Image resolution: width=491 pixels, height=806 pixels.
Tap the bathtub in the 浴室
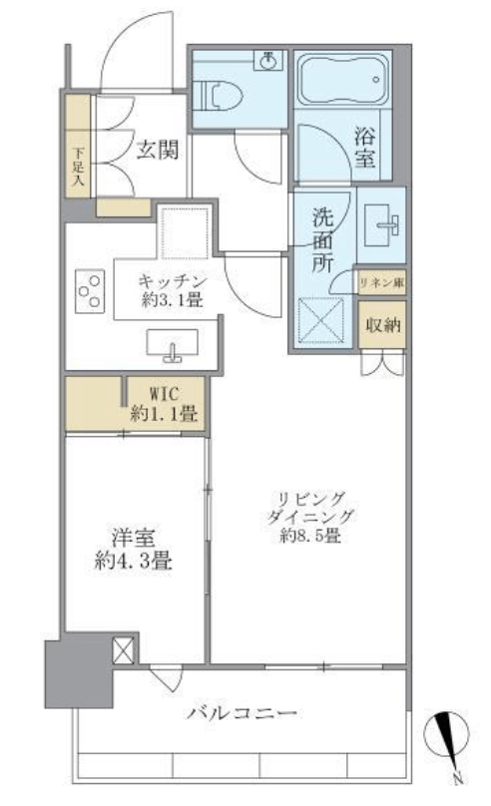tap(343, 79)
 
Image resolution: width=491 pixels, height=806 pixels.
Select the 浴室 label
tap(364, 148)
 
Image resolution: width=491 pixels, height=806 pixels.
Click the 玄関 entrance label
tap(158, 150)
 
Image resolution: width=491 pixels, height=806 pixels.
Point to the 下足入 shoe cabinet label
tap(78, 166)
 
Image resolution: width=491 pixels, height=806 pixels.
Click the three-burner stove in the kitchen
tap(90, 291)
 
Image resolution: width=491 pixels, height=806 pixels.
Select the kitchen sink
tap(173, 344)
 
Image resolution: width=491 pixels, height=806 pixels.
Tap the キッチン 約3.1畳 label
tap(173, 290)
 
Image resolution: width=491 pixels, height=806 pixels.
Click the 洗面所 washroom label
tap(322, 240)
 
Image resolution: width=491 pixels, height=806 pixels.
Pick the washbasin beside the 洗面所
tap(382, 225)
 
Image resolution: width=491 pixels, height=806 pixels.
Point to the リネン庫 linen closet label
tap(381, 282)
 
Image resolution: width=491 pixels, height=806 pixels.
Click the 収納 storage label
tap(383, 325)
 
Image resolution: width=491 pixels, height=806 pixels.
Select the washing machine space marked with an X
tap(321, 320)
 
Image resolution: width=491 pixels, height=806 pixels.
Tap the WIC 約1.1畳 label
tap(165, 404)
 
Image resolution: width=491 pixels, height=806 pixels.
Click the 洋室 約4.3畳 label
tap(134, 549)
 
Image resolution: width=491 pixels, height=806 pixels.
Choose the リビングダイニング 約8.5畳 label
tap(311, 517)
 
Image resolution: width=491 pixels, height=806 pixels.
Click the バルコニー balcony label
tap(242, 713)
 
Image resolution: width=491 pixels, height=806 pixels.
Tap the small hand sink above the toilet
tap(267, 61)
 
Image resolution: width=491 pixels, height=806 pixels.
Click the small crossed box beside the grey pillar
tap(124, 650)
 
